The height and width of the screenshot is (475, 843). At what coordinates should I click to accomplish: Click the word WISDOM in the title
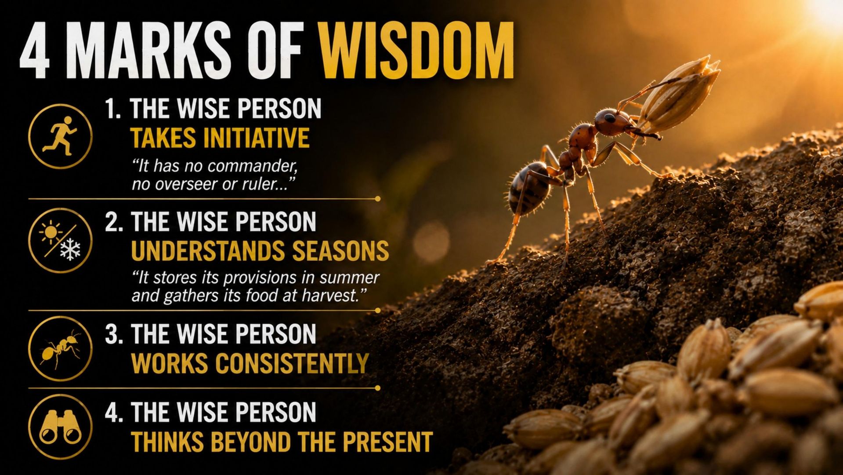(416, 51)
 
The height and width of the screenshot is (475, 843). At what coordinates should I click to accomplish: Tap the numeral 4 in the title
(35, 51)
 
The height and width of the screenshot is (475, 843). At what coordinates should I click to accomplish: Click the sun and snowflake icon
(60, 241)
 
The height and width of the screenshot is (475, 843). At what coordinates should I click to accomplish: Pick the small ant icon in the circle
(60, 349)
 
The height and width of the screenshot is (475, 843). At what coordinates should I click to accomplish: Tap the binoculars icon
(60, 427)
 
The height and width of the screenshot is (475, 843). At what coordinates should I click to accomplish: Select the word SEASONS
(340, 251)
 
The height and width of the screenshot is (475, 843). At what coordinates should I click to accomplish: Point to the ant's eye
(610, 118)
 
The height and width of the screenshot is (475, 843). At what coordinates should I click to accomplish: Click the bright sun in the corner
(826, 11)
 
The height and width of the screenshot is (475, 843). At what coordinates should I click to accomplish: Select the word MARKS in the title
(149, 51)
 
